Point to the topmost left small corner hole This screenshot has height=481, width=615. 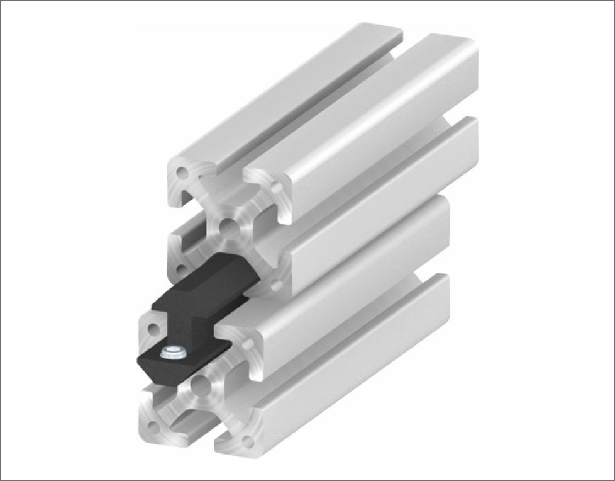tap(182, 171)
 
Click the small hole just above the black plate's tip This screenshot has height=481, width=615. tap(153, 328)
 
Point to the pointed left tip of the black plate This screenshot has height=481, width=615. tap(139, 359)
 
